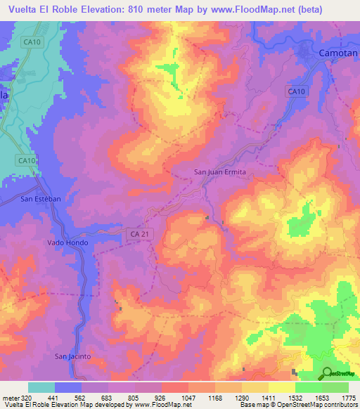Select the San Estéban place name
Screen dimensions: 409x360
click(x=41, y=199)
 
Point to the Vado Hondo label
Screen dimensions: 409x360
click(x=67, y=242)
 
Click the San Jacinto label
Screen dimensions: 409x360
click(x=74, y=357)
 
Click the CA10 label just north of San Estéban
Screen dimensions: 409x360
click(x=27, y=161)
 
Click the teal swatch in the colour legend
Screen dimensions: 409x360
click(x=41, y=387)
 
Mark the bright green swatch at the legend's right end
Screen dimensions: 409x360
click(x=335, y=387)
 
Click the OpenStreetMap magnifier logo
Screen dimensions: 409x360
click(x=327, y=373)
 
